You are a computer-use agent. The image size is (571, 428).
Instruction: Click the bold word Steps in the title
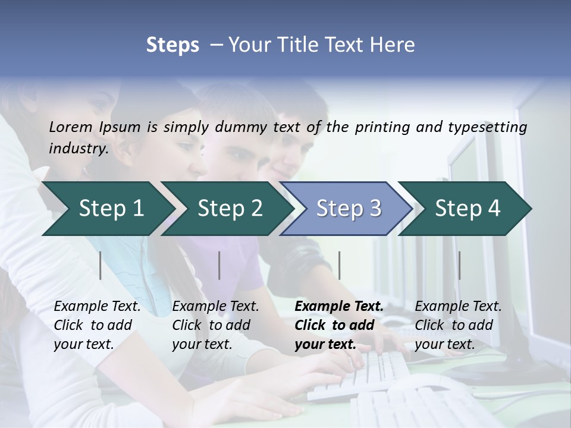coord(172,45)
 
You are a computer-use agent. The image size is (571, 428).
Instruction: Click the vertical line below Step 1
coord(101,265)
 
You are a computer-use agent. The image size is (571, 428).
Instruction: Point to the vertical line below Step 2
coord(219,265)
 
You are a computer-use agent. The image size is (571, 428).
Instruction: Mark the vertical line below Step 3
coord(339,265)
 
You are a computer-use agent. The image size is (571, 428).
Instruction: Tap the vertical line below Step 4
coord(459,265)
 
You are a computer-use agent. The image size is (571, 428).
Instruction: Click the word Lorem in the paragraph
coord(70,127)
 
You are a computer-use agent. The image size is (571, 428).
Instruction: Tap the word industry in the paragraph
coord(78,148)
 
